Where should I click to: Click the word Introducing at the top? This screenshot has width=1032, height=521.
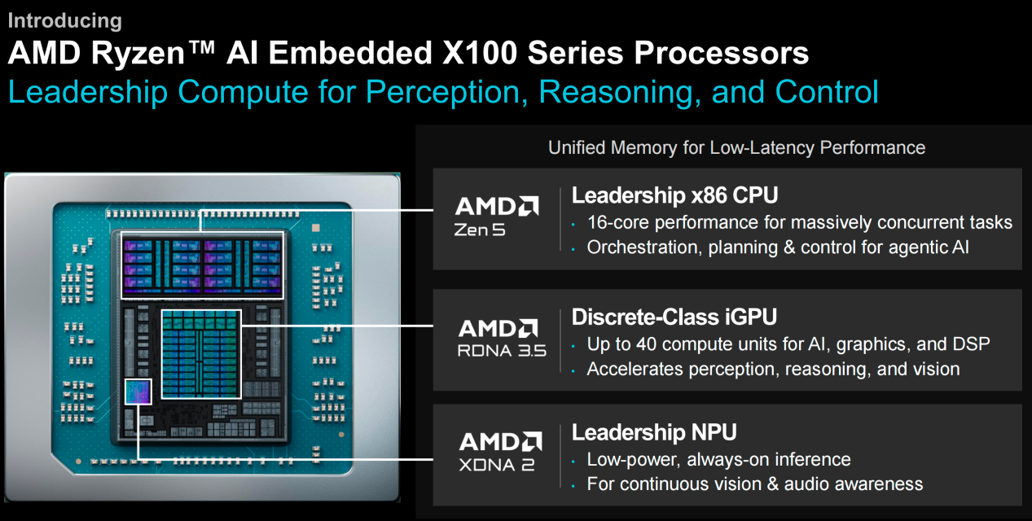(x=65, y=20)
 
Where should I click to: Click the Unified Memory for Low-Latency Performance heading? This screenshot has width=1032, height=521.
(x=736, y=148)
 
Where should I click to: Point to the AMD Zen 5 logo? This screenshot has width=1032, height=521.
(x=497, y=217)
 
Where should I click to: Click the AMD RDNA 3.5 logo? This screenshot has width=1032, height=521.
(x=502, y=338)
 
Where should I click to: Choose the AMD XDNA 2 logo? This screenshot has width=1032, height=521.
(x=500, y=452)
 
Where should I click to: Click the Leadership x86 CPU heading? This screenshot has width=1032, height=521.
(x=674, y=195)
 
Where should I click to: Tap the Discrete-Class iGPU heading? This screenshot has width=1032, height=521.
(x=674, y=317)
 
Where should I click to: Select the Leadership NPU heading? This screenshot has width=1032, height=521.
(x=654, y=432)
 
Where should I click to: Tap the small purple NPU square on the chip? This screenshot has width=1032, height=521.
(x=138, y=392)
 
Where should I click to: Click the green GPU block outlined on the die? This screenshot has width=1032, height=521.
(x=201, y=354)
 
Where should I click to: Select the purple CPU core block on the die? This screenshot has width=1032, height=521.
(x=202, y=265)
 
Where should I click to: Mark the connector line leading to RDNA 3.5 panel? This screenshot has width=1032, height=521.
(x=337, y=326)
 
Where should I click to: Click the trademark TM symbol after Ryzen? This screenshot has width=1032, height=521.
(x=201, y=47)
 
